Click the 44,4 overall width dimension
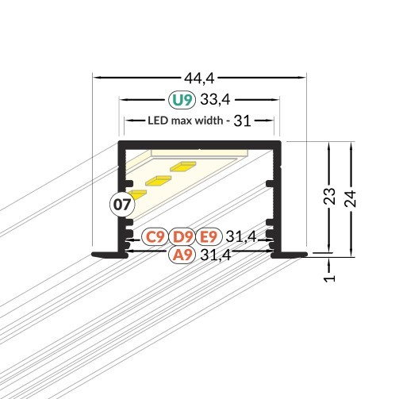(x=200, y=77)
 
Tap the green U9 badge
(x=181, y=100)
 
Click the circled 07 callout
(x=121, y=205)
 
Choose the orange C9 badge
(x=155, y=236)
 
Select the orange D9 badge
(x=182, y=236)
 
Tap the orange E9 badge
(x=208, y=236)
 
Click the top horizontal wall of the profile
(x=200, y=144)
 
